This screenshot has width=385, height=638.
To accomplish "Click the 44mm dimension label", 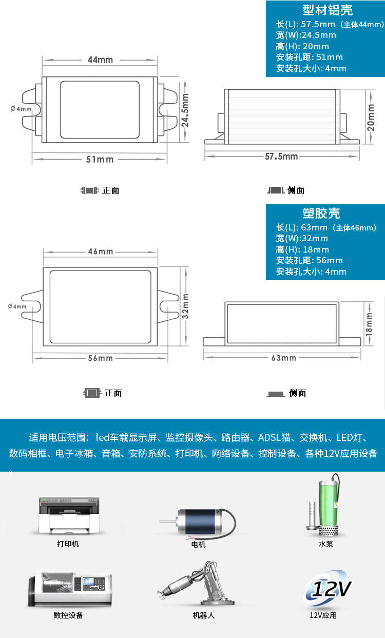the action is [x=100, y=60].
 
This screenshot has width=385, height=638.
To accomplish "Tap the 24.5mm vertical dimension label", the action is [x=185, y=110].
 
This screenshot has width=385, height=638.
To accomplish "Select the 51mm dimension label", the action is [x=100, y=159].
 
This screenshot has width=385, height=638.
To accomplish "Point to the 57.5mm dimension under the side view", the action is [x=281, y=156].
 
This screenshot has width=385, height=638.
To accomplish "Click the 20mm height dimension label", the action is [x=371, y=118].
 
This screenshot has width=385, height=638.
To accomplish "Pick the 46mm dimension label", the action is [x=100, y=252].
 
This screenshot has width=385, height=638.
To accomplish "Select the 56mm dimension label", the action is [x=100, y=358].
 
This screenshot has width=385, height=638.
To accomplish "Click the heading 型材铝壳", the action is [x=328, y=10].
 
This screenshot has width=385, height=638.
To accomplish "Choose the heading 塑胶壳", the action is [x=321, y=214].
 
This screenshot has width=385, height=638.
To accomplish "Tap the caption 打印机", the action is [x=68, y=544].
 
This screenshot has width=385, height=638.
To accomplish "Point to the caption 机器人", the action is [x=203, y=615].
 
